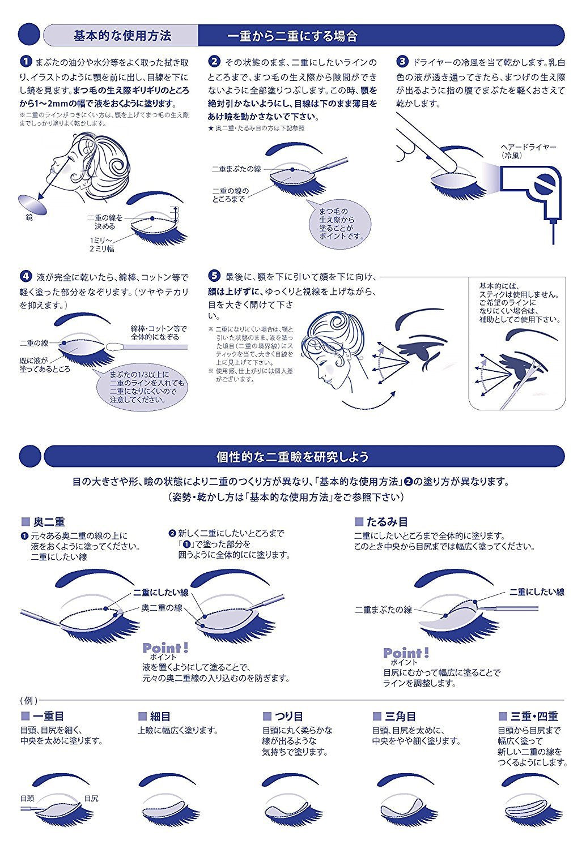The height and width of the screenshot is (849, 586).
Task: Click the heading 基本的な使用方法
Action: tap(122, 36)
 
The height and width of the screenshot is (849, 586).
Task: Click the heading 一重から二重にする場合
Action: tap(292, 36)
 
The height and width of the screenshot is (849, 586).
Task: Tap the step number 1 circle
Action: tap(26, 61)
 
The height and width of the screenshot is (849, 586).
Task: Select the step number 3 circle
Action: tap(402, 61)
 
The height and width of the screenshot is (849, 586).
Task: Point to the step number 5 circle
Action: tap(214, 276)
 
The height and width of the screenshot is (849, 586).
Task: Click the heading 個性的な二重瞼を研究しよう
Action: tap(292, 456)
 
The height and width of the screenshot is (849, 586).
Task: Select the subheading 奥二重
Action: tap(49, 522)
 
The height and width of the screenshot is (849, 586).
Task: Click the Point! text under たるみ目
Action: tap(406, 653)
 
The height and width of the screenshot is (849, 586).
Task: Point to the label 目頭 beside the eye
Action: tap(27, 798)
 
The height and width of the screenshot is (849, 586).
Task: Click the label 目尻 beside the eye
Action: tap(91, 798)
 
